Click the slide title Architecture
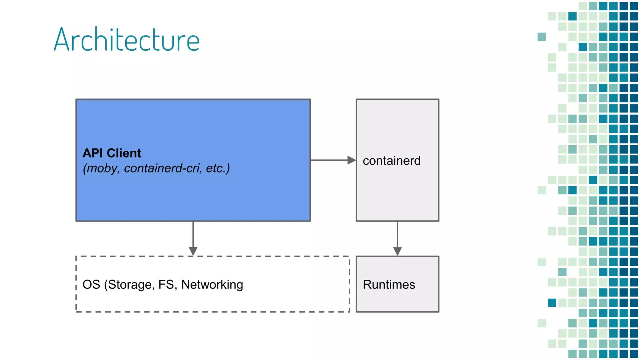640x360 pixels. (127, 40)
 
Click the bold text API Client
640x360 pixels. (112, 153)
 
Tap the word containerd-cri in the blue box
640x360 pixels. (162, 168)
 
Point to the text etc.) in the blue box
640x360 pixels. (218, 168)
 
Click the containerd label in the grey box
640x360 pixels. (392, 161)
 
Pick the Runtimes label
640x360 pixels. (389, 284)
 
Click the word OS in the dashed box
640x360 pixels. (91, 284)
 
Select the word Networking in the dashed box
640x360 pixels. (212, 284)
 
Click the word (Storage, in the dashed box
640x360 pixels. (129, 284)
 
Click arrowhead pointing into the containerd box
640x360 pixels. (352, 160)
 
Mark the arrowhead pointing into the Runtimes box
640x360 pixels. (397, 251)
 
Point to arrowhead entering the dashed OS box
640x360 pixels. (193, 251)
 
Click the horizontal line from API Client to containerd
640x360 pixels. (328, 160)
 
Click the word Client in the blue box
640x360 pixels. (124, 153)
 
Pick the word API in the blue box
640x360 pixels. (92, 153)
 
